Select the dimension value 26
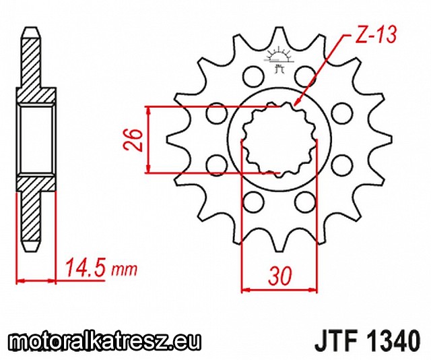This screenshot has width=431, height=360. (132, 140)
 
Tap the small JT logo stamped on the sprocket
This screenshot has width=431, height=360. (279, 59)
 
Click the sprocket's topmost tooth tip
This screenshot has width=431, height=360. (279, 28)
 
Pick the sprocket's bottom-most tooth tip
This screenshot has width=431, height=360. (279, 251)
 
